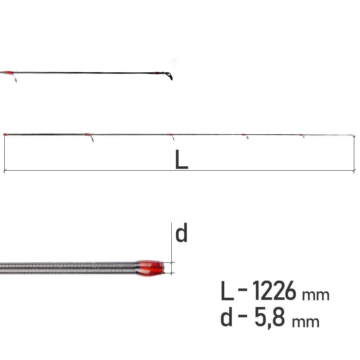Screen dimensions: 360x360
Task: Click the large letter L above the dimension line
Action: (181, 159)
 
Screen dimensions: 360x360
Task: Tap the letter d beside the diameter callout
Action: (181, 233)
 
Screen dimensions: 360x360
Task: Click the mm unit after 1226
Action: (316, 295)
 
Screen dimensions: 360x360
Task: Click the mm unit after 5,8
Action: (306, 322)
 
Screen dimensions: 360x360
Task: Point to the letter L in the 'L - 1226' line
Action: (227, 291)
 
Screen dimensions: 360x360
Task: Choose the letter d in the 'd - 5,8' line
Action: (226, 317)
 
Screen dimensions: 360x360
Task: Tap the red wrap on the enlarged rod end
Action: (149, 268)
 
